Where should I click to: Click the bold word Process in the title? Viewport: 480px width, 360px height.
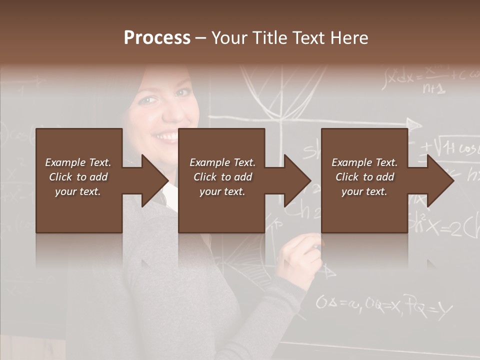(157, 38)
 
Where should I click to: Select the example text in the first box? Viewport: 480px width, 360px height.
(78, 177)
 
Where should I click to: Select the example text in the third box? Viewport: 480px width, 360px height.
(364, 177)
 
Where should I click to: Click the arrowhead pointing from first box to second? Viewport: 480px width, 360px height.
(154, 180)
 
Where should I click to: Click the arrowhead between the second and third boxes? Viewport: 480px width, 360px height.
(297, 180)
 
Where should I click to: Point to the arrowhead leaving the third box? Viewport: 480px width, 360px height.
(440, 180)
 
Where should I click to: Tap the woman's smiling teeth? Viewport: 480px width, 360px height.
(166, 136)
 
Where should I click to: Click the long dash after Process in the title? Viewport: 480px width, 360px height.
(200, 38)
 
